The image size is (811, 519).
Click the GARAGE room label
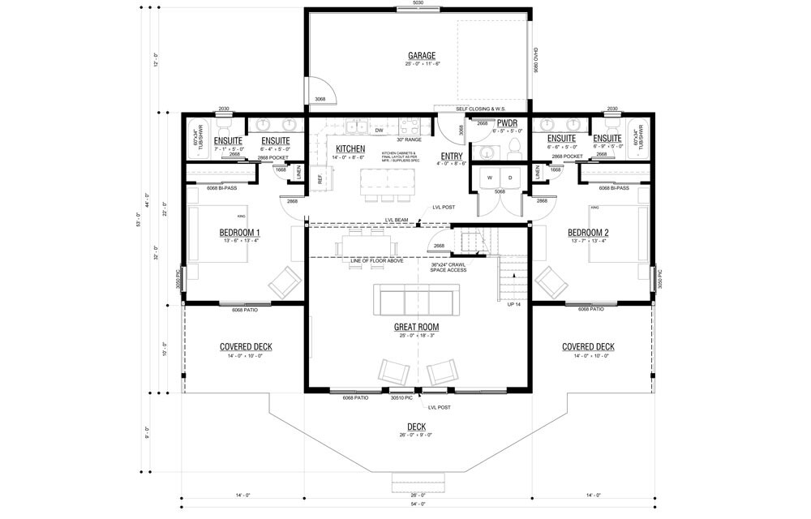click(x=422, y=55)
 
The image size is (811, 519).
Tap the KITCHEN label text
click(x=350, y=149)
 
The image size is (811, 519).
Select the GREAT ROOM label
click(x=416, y=328)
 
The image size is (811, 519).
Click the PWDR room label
click(x=507, y=123)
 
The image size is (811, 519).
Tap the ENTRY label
click(x=452, y=156)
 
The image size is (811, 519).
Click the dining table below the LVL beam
click(x=370, y=244)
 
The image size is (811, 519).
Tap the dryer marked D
click(x=510, y=178)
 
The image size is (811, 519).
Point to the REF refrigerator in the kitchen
click(x=320, y=178)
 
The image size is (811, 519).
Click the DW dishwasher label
click(x=379, y=130)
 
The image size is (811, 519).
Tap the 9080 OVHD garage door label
click(x=535, y=62)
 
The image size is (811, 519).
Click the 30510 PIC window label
click(x=403, y=397)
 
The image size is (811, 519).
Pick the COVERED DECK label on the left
click(x=246, y=347)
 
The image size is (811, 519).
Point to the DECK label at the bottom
click(x=417, y=427)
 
